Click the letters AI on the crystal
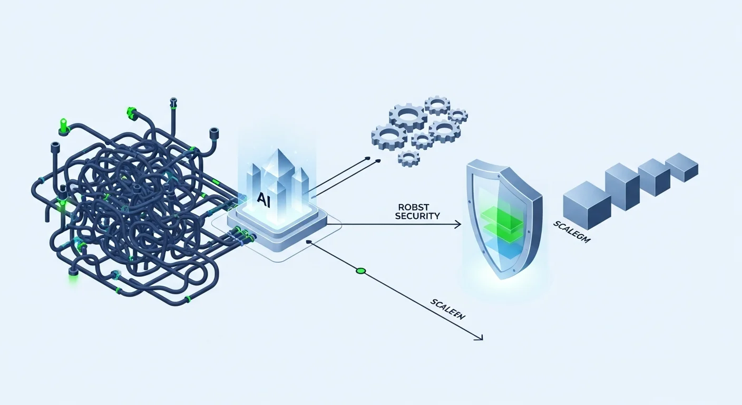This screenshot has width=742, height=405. [x=263, y=199]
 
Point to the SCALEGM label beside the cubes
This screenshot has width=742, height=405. [x=572, y=232]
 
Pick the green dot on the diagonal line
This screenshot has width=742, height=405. [x=360, y=271]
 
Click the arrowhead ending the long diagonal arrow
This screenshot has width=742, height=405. [x=480, y=338]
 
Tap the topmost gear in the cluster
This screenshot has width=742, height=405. [x=437, y=105]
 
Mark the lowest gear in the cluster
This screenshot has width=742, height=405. [x=408, y=157]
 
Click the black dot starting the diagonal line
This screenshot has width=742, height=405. [x=308, y=243]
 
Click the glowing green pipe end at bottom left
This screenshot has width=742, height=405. [x=73, y=273]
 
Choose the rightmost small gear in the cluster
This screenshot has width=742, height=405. [x=458, y=115]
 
